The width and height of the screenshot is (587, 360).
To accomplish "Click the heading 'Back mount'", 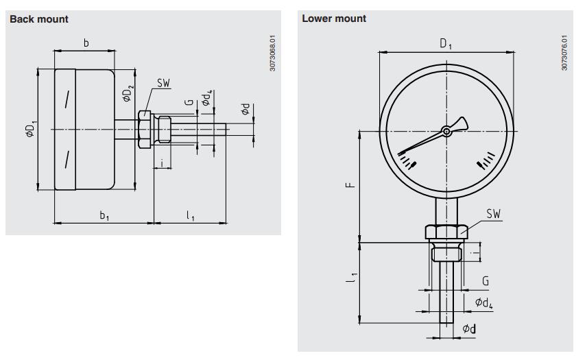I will click(39, 19).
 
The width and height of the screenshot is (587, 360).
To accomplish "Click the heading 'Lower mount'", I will click(334, 19).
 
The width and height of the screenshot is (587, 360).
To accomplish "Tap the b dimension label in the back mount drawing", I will click(86, 44).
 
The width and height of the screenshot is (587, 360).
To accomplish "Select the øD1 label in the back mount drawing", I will click(29, 130).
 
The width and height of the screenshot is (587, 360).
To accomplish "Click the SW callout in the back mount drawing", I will click(163, 83).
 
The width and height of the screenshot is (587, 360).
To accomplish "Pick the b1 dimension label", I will click(104, 215).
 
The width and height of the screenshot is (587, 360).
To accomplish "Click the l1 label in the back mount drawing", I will click(191, 215).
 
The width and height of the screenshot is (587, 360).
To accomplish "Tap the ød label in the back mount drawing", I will click(245, 109).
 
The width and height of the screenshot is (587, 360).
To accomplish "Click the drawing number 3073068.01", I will click(273, 54).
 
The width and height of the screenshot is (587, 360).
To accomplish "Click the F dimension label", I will click(350, 185).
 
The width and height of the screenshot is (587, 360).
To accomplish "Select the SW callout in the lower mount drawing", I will click(494, 214).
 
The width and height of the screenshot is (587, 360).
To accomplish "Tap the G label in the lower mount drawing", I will click(485, 281).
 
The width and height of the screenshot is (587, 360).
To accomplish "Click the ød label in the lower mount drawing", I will click(469, 329).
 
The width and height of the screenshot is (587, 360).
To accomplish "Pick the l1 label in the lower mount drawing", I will click(351, 278).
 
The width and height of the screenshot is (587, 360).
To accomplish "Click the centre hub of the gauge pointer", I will click(446, 130).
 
